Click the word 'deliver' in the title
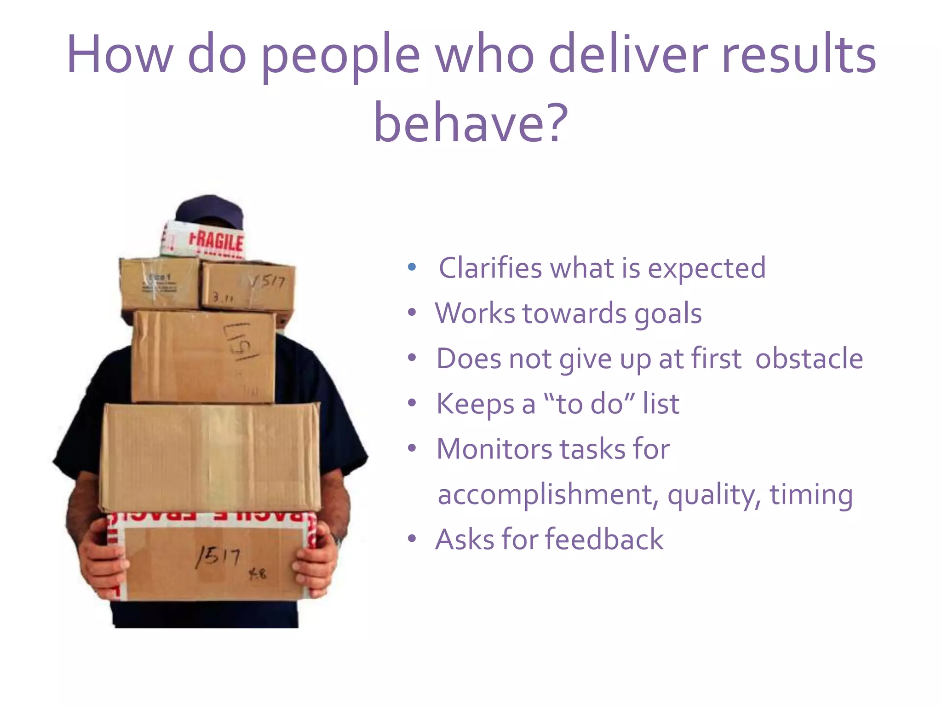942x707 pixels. (x=628, y=54)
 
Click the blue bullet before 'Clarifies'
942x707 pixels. (x=412, y=267)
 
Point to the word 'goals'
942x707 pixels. (x=668, y=314)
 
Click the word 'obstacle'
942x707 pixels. (x=809, y=359)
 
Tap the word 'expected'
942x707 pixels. (x=706, y=268)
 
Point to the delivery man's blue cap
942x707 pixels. (x=210, y=209)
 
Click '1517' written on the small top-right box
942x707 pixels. (x=268, y=281)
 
